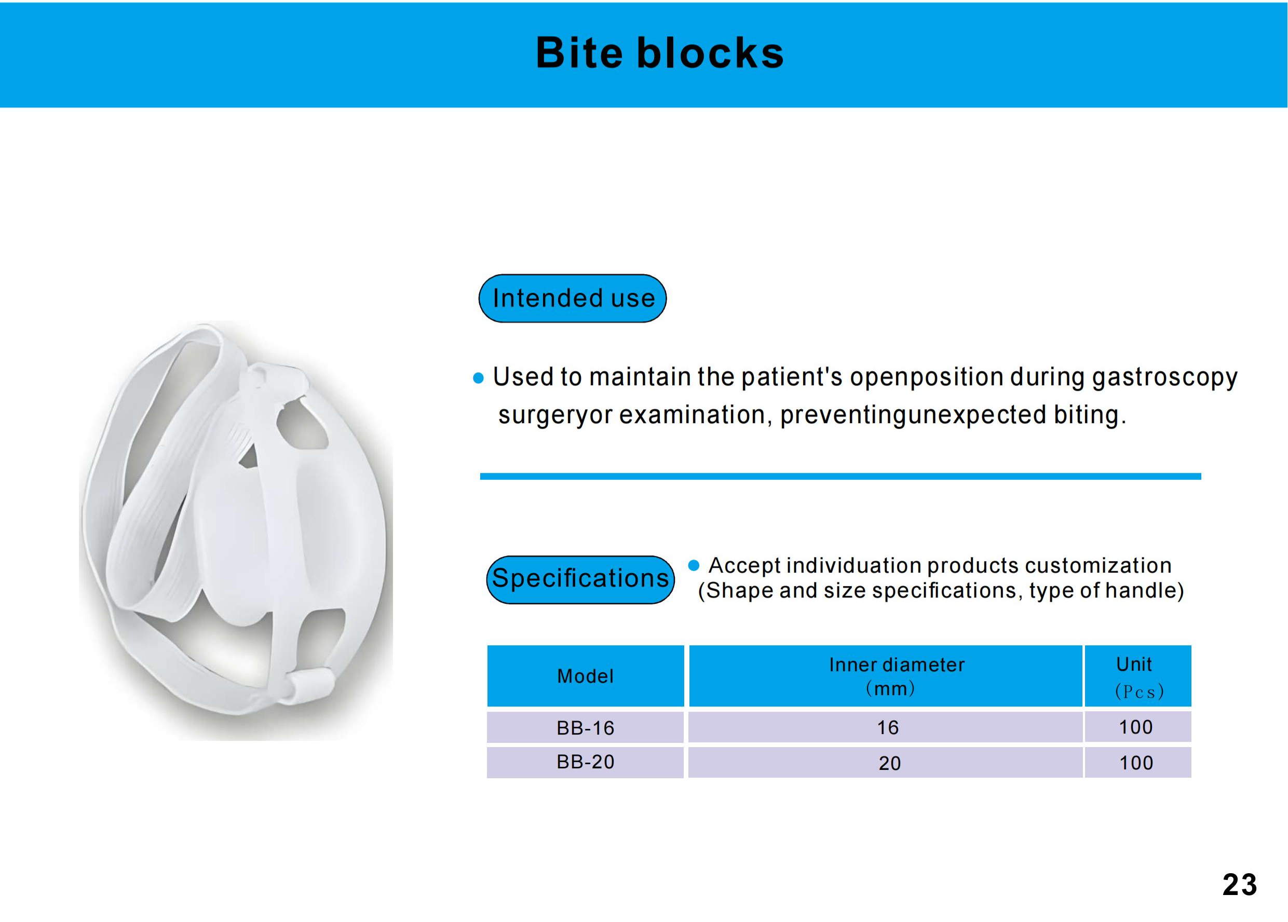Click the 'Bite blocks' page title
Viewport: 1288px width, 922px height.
(660, 53)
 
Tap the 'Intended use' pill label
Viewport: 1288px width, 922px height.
(573, 299)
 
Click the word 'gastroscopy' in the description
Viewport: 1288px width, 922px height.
(1164, 378)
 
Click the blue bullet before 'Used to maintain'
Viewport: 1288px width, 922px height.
(479, 378)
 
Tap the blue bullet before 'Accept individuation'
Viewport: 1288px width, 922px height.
(694, 565)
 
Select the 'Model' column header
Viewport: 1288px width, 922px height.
(585, 675)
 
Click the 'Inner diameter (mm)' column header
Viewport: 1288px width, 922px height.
(886, 675)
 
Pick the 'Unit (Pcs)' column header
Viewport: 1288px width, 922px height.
(1137, 675)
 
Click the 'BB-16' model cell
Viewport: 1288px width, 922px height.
(585, 727)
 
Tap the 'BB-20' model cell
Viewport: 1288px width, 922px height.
(585, 762)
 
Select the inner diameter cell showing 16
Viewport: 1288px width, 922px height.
(886, 727)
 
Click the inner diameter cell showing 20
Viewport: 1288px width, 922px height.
(886, 763)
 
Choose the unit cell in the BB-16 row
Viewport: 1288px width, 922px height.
(1137, 727)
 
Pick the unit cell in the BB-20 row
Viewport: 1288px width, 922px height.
(1137, 763)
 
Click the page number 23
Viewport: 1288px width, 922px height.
(1240, 885)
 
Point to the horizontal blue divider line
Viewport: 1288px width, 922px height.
(840, 477)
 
